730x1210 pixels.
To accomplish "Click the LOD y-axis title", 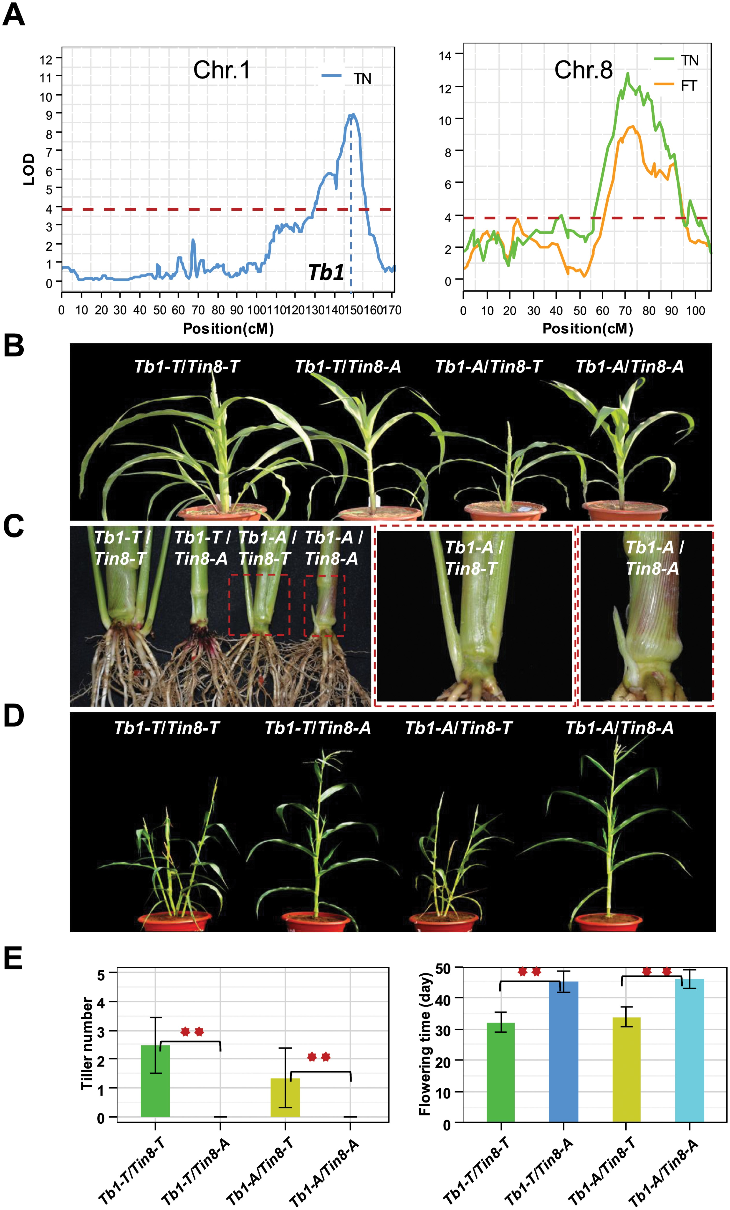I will pyautogui.click(x=29, y=169).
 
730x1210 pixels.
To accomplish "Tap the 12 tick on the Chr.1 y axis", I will pyautogui.click(x=46, y=60).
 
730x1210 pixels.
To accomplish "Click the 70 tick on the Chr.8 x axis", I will pyautogui.click(x=625, y=311).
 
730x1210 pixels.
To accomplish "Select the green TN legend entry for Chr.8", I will pyautogui.click(x=689, y=60).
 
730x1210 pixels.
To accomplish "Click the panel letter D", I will pyautogui.click(x=14, y=716).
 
